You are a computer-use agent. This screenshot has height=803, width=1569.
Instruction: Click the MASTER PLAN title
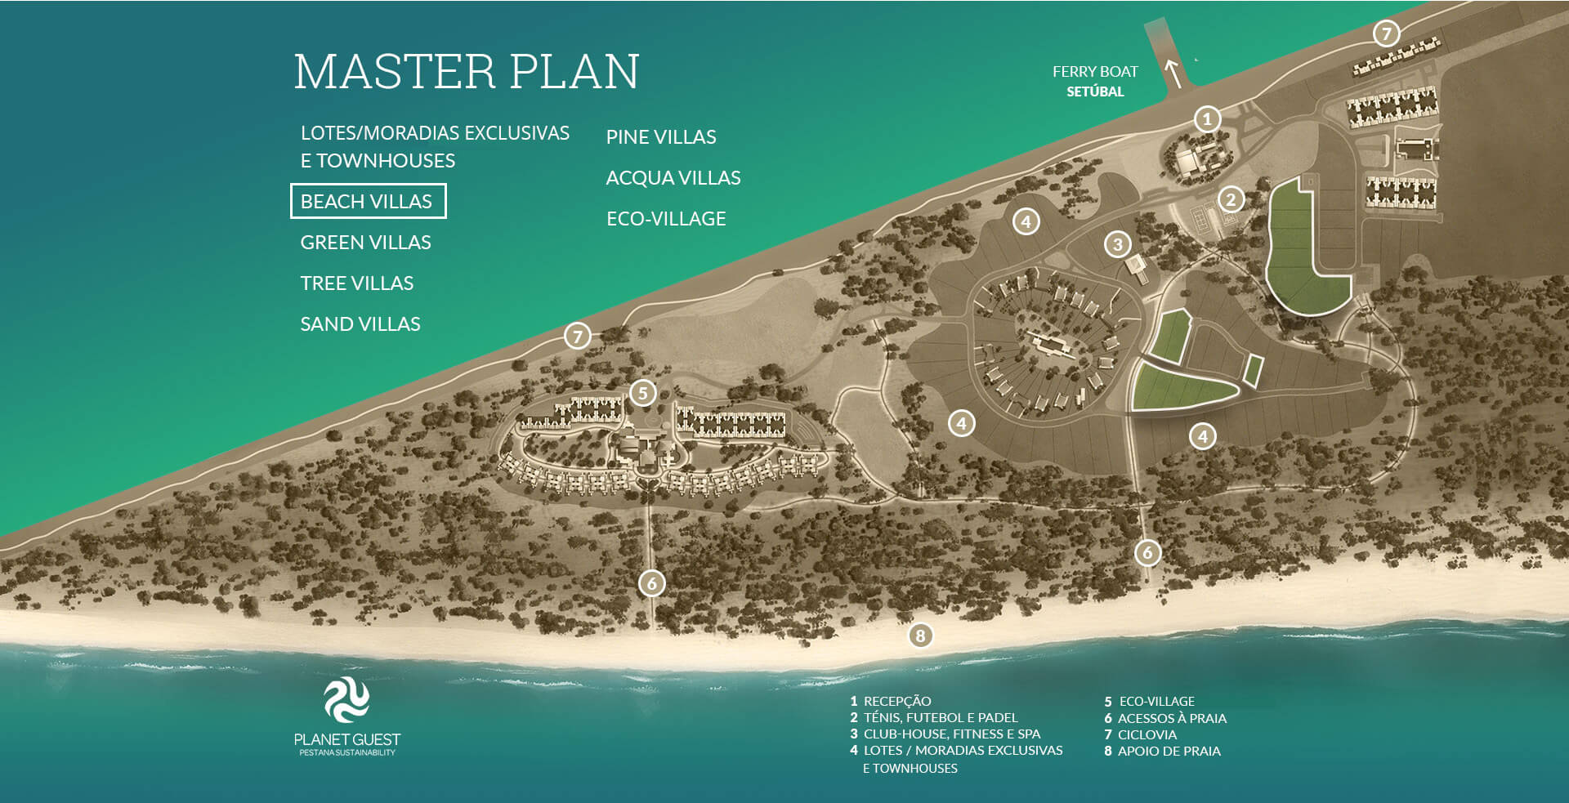click(466, 71)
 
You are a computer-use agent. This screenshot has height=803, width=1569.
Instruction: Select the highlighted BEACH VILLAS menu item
click(368, 201)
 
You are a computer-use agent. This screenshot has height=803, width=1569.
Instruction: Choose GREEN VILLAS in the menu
click(365, 243)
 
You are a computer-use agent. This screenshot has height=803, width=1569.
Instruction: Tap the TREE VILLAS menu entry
click(356, 283)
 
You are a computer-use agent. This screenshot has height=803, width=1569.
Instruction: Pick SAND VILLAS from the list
click(360, 324)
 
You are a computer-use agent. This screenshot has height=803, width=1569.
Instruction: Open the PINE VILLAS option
click(660, 137)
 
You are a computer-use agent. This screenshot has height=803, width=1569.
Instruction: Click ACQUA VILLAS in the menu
click(673, 178)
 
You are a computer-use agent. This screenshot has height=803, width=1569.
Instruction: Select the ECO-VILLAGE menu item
click(665, 219)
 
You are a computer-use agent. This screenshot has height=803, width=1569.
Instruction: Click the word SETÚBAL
click(1095, 91)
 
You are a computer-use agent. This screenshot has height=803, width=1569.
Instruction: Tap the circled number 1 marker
click(1207, 119)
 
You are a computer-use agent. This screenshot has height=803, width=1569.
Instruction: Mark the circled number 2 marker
click(1231, 199)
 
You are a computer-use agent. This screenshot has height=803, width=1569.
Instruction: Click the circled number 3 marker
click(1118, 243)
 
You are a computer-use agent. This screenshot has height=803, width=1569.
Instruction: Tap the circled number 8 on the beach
click(920, 636)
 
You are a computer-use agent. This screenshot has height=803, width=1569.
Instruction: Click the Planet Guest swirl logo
click(346, 700)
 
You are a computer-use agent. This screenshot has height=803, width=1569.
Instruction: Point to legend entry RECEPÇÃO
click(896, 701)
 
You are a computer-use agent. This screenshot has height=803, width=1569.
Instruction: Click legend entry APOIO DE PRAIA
click(1169, 752)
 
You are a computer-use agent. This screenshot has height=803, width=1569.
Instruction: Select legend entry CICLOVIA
click(1147, 735)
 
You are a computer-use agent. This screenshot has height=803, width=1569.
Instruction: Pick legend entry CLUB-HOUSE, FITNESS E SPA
click(951, 734)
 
